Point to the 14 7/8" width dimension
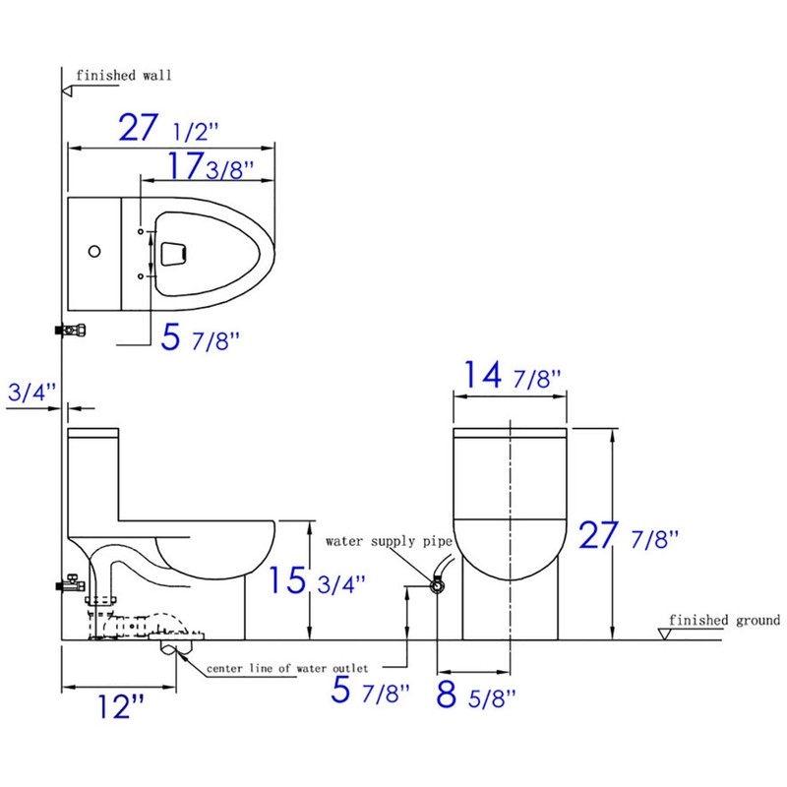pos(510,377)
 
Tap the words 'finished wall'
pos(110,75)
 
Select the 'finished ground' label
pos(724,620)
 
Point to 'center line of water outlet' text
pos(287,669)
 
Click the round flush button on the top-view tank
pos(93,252)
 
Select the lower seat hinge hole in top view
pos(142,276)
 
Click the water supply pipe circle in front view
pos(436,585)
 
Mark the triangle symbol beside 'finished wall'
pos(68,90)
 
